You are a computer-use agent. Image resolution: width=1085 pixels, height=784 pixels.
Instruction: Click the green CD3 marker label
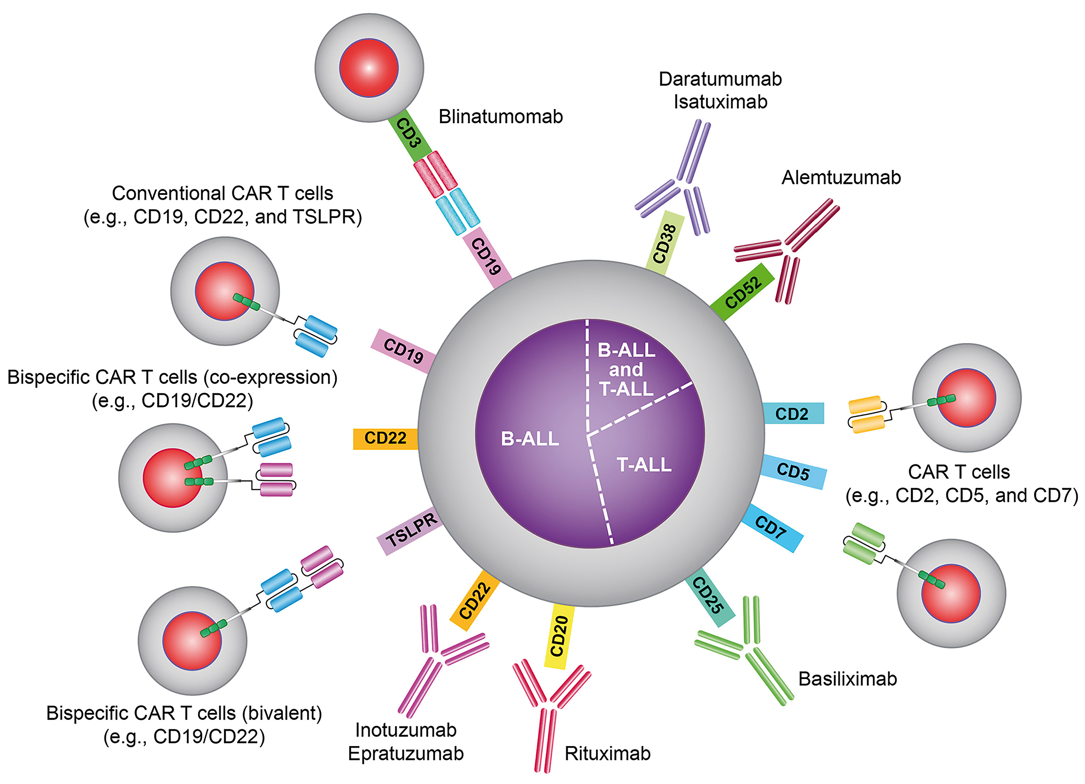(409, 137)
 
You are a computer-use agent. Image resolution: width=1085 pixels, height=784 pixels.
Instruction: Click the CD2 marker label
(792, 414)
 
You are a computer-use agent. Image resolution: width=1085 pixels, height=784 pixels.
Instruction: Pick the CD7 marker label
(771, 527)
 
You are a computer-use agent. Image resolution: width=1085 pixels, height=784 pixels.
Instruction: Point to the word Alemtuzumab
(841, 177)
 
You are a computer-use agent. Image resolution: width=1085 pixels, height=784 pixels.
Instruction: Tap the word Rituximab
(608, 753)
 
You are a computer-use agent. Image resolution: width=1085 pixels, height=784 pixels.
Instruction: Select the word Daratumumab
(720, 79)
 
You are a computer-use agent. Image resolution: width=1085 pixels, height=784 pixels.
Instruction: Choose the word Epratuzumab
(406, 753)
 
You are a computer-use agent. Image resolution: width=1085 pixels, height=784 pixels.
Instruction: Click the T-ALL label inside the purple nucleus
(644, 465)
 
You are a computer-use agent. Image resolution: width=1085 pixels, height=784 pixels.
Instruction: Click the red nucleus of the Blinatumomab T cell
(369, 68)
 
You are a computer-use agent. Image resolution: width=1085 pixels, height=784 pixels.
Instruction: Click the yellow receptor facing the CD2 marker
(866, 414)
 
